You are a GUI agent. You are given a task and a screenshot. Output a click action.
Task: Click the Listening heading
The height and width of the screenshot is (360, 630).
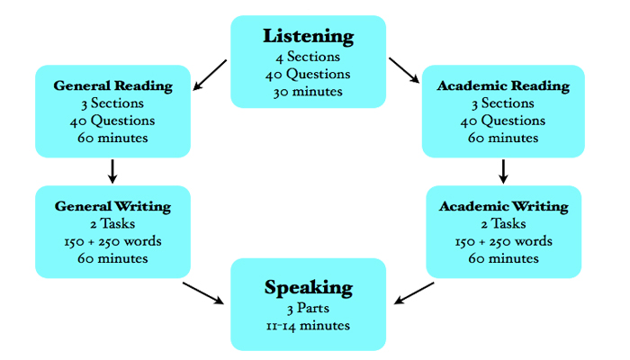[x=309, y=37]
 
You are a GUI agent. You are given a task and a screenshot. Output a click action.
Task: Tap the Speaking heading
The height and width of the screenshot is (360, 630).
[x=309, y=288]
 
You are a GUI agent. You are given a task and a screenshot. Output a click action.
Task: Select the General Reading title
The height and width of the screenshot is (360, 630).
[x=112, y=86]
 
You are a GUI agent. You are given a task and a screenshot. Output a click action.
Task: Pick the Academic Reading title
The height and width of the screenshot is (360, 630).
[x=503, y=86]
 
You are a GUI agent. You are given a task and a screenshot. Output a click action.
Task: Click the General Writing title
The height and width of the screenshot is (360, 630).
[x=112, y=207]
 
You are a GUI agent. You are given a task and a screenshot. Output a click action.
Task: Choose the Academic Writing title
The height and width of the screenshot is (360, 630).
[x=504, y=207]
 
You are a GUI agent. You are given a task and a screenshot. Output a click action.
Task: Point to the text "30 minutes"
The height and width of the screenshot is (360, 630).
[x=309, y=91]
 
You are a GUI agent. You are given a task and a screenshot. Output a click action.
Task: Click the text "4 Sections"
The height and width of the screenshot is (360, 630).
[x=309, y=58]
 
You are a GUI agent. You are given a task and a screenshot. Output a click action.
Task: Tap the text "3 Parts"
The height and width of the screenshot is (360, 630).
[x=309, y=309]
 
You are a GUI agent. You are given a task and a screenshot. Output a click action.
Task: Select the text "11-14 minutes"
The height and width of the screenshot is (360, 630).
[x=309, y=326]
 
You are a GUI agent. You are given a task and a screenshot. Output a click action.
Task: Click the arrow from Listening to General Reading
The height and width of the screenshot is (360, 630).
[x=210, y=75]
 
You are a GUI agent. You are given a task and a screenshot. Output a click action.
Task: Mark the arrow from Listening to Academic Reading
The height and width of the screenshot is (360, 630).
[x=405, y=71]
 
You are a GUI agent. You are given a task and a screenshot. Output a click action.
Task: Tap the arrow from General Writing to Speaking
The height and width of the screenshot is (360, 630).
[x=203, y=292]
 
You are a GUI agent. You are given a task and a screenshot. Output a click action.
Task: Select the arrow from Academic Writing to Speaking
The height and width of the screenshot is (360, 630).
[x=415, y=292]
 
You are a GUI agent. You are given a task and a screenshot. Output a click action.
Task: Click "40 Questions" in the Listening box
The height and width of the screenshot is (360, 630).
[x=309, y=74]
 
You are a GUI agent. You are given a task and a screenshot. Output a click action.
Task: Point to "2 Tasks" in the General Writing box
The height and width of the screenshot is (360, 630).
[x=112, y=225]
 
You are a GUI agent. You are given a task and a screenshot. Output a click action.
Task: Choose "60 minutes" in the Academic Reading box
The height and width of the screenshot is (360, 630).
[x=503, y=139]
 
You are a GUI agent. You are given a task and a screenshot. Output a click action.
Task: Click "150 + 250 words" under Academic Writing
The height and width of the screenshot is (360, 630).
[x=504, y=242]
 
